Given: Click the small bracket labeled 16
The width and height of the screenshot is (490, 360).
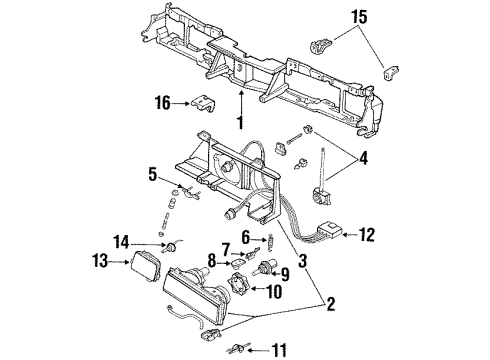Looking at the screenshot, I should pos(204,101).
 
